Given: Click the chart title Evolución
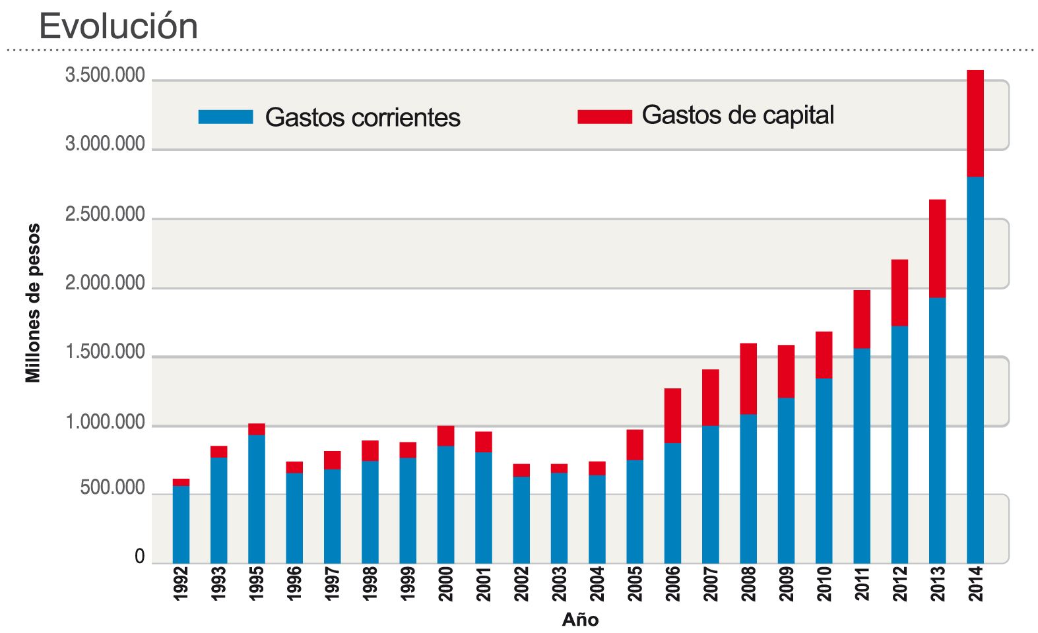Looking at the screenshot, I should tap(119, 26).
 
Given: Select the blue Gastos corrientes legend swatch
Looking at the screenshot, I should tap(226, 117).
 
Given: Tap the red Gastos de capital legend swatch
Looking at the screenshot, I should tap(604, 117).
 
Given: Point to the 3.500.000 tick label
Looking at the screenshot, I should tap(105, 76).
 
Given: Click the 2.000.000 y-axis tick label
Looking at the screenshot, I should tap(105, 284).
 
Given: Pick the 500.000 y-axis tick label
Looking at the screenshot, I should tap(113, 489).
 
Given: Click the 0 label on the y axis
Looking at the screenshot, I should tap(139, 557).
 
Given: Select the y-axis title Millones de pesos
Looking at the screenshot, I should tap(33, 303).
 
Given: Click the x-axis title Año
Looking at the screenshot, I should tap(580, 620).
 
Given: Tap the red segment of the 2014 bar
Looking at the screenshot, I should tap(975, 123).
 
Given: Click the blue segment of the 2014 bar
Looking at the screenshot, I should tap(975, 369).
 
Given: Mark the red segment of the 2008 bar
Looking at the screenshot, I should tap(748, 378).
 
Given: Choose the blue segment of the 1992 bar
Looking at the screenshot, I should tap(181, 524).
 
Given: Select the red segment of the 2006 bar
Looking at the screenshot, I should tap(672, 415).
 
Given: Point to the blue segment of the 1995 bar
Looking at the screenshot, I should tap(257, 498).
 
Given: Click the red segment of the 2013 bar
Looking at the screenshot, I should tap(937, 249).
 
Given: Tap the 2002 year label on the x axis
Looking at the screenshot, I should tap(521, 584).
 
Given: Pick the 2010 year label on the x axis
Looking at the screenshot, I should tap(824, 584).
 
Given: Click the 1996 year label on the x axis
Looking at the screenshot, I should tap(294, 584).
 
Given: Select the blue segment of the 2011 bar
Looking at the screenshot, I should tap(861, 455).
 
